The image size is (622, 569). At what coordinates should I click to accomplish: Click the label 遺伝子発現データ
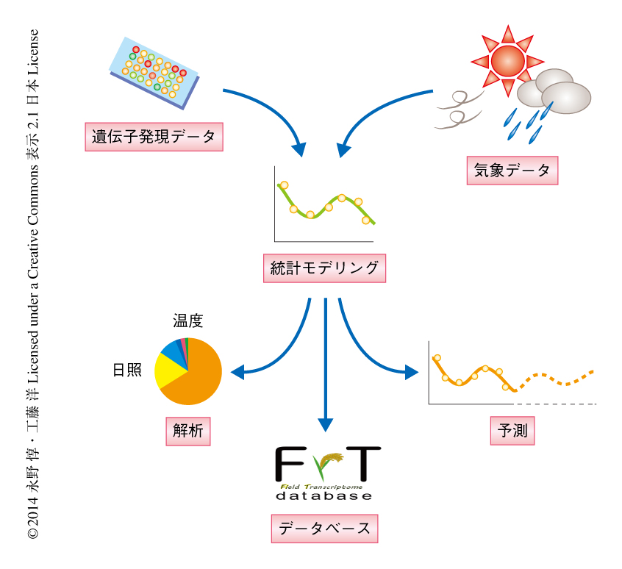pyautogui.click(x=154, y=137)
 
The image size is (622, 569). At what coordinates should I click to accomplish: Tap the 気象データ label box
pyautogui.click(x=512, y=171)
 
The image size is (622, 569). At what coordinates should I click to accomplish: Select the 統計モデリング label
pyautogui.click(x=324, y=268)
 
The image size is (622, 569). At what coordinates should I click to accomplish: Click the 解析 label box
pyautogui.click(x=187, y=431)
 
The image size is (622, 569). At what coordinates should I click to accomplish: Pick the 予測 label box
pyautogui.click(x=512, y=431)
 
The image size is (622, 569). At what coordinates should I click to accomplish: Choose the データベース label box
pyautogui.click(x=324, y=529)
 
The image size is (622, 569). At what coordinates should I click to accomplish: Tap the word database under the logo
pyautogui.click(x=324, y=496)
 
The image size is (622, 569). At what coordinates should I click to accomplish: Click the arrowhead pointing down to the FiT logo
pyautogui.click(x=325, y=424)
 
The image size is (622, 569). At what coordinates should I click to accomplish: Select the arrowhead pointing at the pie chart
pyautogui.click(x=237, y=372)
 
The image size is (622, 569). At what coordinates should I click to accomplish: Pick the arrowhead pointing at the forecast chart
pyautogui.click(x=412, y=372)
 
